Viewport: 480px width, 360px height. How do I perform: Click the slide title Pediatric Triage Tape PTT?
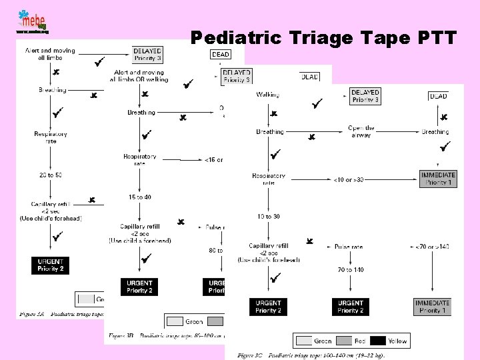(x=323, y=38)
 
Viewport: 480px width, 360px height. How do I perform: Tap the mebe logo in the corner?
(x=31, y=21)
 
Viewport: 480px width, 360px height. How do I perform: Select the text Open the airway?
(x=361, y=131)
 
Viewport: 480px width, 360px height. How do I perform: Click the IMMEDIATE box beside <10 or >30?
(x=438, y=179)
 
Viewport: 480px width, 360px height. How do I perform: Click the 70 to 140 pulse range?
(x=351, y=270)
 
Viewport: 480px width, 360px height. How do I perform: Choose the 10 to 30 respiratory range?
(x=268, y=217)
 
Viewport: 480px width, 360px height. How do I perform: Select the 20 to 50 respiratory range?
(x=50, y=175)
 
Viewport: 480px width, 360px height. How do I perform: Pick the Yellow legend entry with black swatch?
(x=387, y=341)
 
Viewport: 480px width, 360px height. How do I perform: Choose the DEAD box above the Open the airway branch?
(x=438, y=97)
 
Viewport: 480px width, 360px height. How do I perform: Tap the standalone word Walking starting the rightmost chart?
(x=267, y=95)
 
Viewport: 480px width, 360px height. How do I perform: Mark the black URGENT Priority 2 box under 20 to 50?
(x=50, y=265)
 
